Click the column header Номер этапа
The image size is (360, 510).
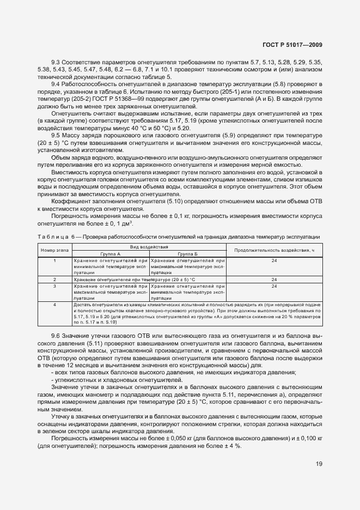coord(55,250)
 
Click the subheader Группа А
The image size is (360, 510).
coord(111,254)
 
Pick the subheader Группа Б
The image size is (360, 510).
coord(187,254)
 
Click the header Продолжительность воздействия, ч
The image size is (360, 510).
coord(274,250)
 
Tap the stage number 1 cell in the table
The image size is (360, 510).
coord(55,260)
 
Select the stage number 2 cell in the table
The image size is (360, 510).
coord(55,279)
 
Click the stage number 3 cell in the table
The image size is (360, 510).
coord(55,286)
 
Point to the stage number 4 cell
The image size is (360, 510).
coord(55,304)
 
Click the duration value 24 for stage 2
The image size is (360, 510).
coord(274,279)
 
